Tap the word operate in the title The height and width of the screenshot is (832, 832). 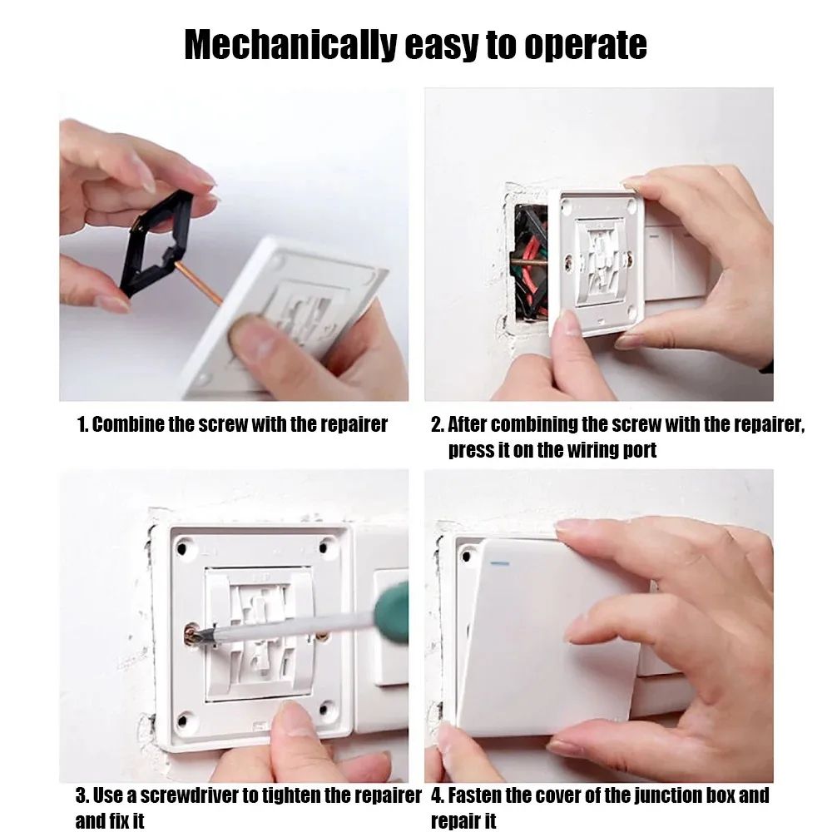point(585,45)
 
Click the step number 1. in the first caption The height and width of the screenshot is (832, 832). point(82,424)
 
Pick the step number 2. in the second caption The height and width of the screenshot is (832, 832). point(437,424)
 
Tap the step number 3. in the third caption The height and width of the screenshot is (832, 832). point(82,795)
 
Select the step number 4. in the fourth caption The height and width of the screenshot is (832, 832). point(438,795)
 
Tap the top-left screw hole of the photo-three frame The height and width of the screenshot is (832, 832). point(184,547)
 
